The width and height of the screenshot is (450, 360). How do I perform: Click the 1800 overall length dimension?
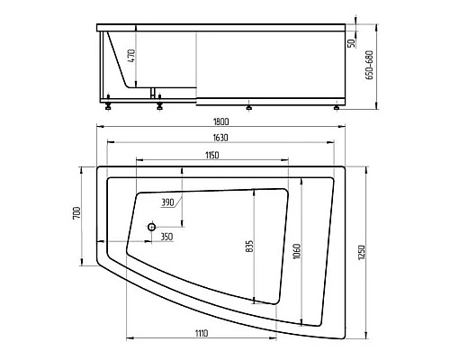pyautogui.click(x=220, y=121)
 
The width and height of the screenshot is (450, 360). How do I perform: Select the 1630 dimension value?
pyautogui.click(x=220, y=138)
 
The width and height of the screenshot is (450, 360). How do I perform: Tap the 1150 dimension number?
pyautogui.click(x=212, y=156)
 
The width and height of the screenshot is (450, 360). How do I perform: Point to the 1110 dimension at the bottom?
pyautogui.click(x=202, y=333)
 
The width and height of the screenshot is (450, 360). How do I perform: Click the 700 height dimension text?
pyautogui.click(x=76, y=212)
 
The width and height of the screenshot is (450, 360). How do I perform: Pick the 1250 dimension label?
pyautogui.click(x=362, y=253)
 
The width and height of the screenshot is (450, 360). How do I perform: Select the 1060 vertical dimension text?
pyautogui.click(x=297, y=252)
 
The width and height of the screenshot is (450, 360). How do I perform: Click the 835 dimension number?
pyautogui.click(x=249, y=246)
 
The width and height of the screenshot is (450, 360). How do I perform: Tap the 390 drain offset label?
pyautogui.click(x=167, y=202)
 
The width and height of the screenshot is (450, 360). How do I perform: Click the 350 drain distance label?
pyautogui.click(x=166, y=237)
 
